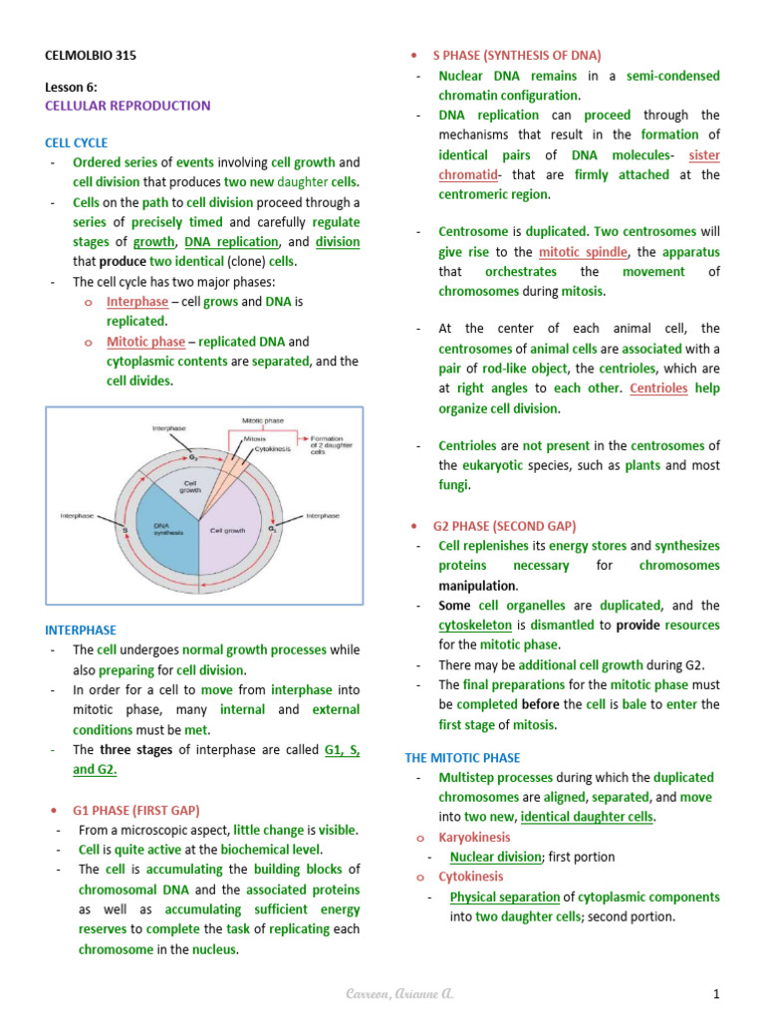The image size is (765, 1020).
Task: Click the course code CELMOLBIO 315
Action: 90,56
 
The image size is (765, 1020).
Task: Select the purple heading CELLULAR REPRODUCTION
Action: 127,106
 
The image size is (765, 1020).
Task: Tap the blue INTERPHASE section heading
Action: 81,631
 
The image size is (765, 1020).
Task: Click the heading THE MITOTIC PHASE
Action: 462,758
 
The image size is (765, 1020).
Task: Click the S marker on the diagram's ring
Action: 126,530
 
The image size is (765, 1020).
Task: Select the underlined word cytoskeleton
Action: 477,626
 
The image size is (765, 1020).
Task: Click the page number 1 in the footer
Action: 715,994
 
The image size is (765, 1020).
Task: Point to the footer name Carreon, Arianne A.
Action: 390,994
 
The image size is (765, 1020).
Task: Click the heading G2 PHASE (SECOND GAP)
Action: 504,526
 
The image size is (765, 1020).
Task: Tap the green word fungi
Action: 453,486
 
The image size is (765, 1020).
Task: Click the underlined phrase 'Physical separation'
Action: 505,897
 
